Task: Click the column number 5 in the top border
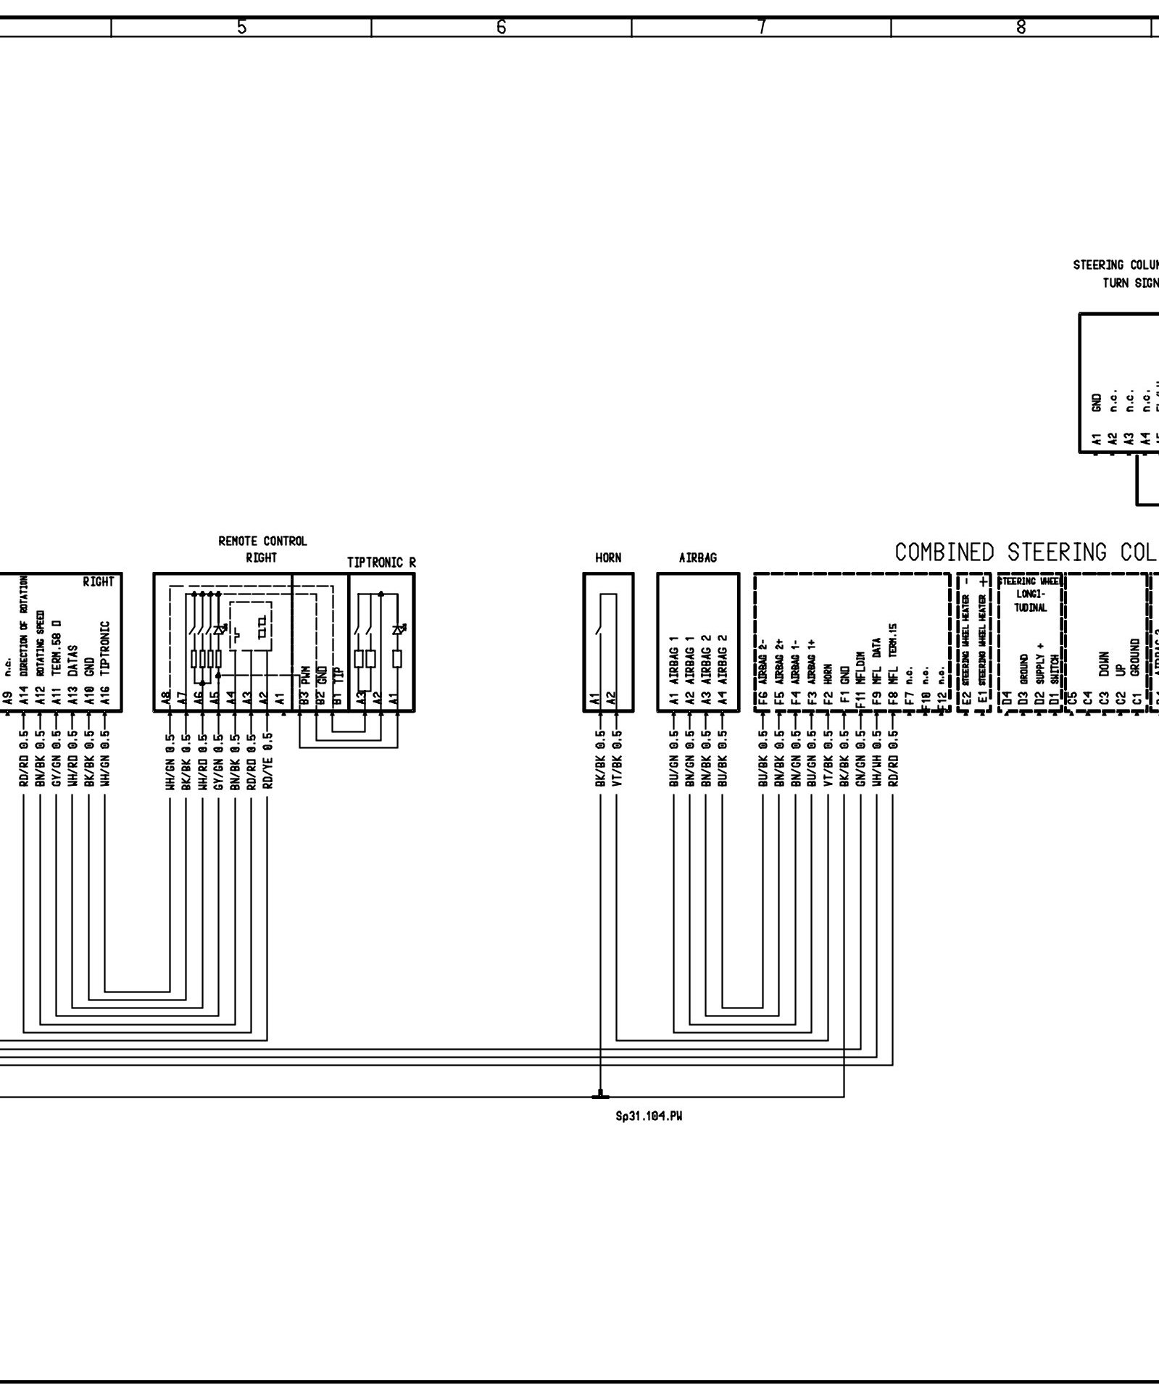pos(241,28)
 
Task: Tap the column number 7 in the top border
pos(761,28)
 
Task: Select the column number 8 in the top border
pos(1021,28)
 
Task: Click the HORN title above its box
pos(608,557)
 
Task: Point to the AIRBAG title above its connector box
pos(697,557)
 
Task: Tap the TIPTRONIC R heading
pos(381,562)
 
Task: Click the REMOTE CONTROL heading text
pos(262,541)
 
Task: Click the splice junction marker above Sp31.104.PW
pos(600,1096)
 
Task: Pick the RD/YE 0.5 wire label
pos(268,760)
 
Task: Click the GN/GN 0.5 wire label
pos(860,760)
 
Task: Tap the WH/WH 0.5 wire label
pos(876,760)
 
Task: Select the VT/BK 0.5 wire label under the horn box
pos(617,760)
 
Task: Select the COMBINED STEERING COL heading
pos(1026,552)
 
